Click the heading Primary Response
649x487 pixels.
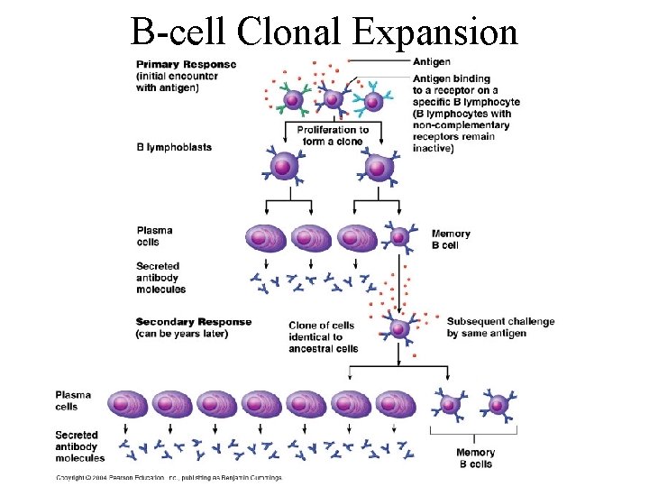point(186,64)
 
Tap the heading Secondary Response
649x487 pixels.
point(194,322)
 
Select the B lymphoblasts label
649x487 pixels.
point(174,147)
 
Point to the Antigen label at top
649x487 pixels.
point(432,62)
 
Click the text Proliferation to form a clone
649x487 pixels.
point(333,135)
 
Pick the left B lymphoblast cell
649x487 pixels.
point(283,167)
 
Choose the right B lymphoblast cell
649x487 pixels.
point(379,167)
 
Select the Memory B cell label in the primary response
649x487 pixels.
point(451,239)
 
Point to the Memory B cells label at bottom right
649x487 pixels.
point(475,458)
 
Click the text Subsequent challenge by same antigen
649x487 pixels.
point(500,327)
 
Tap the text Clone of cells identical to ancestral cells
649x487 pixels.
point(323,336)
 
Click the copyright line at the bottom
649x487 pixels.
point(169,477)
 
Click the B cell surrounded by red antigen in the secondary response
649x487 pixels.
point(399,326)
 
